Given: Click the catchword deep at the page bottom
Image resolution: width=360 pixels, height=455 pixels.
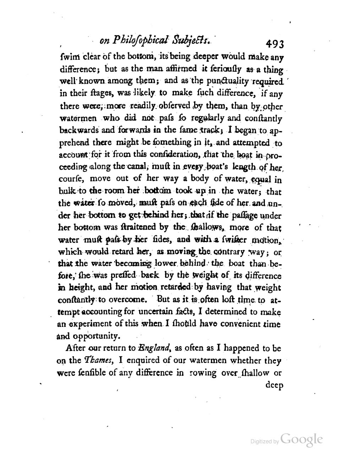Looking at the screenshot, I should (x=274, y=385).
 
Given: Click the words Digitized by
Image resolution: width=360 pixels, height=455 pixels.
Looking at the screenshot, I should (x=264, y=441).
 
